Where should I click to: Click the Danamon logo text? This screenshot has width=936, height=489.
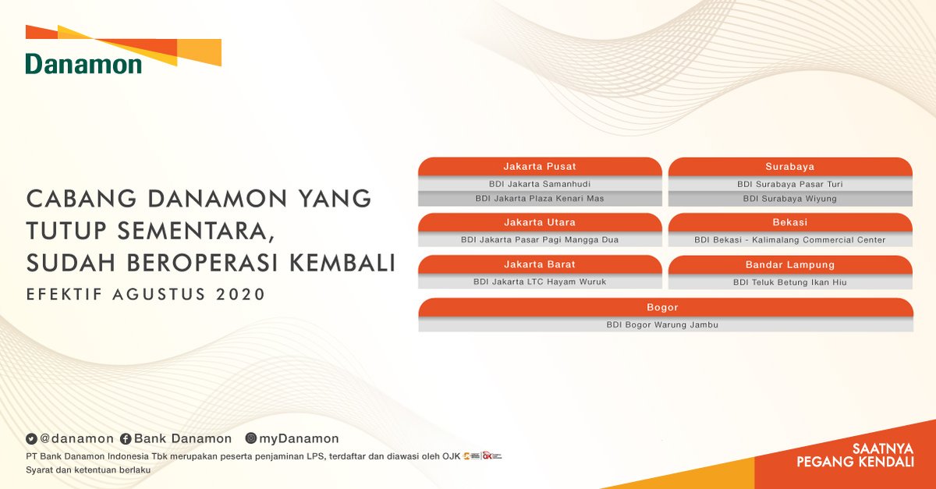[x=83, y=64]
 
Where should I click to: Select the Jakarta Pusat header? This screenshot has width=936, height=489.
[x=540, y=167]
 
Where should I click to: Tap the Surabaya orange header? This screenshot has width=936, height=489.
[x=789, y=167]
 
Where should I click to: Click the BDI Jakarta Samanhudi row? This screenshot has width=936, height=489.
[x=540, y=185]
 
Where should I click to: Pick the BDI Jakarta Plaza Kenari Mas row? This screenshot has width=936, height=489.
[x=540, y=199]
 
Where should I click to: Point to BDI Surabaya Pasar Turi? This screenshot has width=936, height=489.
[x=789, y=185]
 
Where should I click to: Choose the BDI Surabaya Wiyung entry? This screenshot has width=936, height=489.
[x=789, y=199]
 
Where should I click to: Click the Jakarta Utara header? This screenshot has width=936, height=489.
[x=540, y=222]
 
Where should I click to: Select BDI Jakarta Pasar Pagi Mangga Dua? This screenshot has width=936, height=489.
[x=540, y=240]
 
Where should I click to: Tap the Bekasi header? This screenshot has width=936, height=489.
[x=789, y=222]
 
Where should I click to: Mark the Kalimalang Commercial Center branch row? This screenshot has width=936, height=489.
[x=789, y=240]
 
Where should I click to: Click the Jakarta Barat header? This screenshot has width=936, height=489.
[x=540, y=264]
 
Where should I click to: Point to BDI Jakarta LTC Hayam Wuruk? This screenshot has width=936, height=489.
[x=540, y=282]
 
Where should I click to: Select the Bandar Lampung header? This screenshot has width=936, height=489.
[x=789, y=264]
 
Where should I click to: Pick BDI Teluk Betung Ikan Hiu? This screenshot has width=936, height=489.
[x=789, y=282]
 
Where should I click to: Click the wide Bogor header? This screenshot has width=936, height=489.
[x=665, y=307]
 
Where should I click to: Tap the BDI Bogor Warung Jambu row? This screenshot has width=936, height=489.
[x=665, y=325]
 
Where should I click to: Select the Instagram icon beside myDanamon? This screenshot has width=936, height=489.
[x=251, y=439]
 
